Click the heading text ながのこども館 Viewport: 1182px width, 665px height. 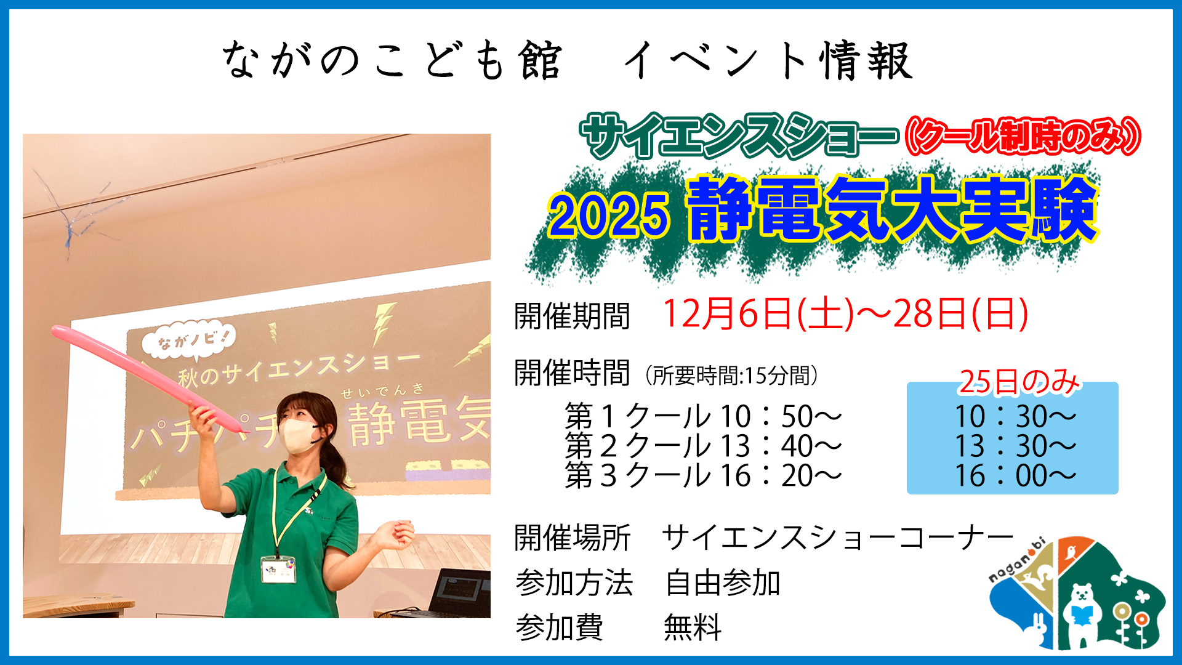tap(392, 60)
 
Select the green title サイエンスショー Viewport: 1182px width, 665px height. tap(739, 136)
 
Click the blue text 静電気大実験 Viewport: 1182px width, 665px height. tap(893, 209)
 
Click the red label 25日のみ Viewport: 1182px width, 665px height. tap(1019, 382)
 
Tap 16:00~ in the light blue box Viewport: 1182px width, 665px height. tap(1015, 476)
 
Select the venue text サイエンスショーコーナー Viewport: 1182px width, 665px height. tap(838, 538)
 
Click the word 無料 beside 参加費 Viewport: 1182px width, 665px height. tap(693, 628)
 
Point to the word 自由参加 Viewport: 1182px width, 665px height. tap(723, 582)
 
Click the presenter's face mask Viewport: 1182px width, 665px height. tap(299, 435)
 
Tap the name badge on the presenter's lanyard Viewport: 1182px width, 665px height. tap(278, 570)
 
